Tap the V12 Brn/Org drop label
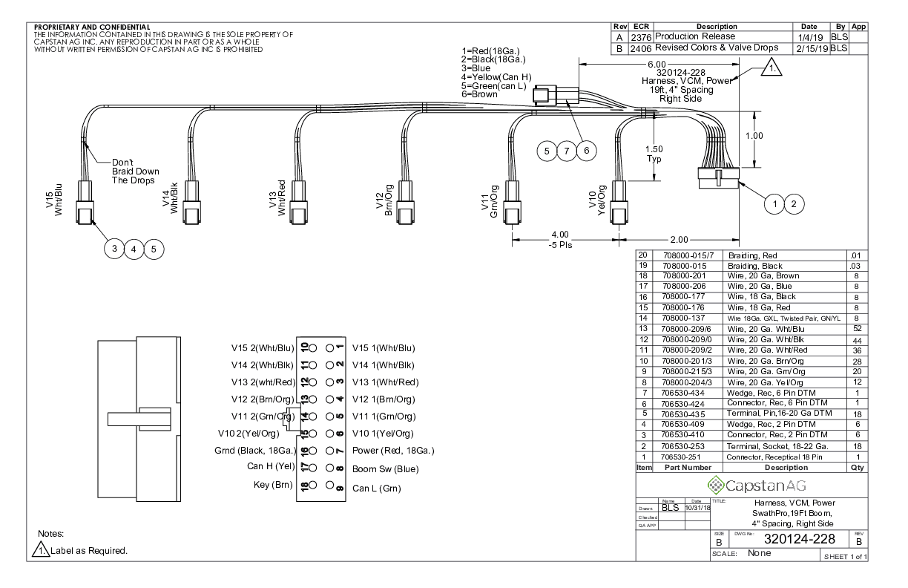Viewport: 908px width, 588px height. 384,198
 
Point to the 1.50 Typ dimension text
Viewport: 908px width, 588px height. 654,154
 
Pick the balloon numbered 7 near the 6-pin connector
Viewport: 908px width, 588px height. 567,151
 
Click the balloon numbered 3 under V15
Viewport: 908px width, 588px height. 115,249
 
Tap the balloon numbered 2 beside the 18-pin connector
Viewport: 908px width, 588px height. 794,203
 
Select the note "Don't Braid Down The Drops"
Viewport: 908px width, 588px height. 134,171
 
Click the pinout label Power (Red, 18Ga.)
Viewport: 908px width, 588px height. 392,451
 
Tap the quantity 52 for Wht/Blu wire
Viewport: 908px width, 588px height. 856,327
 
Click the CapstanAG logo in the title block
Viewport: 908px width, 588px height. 751,486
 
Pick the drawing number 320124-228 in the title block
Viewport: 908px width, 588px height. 789,538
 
